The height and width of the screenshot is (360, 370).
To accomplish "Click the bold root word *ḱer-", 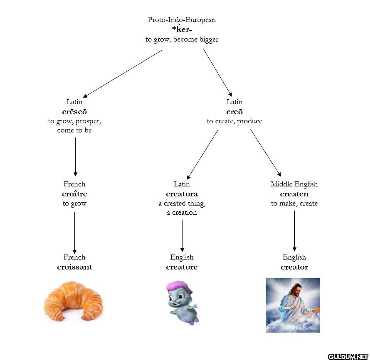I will click(x=182, y=29).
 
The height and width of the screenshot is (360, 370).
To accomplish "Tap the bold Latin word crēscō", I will click(x=74, y=112).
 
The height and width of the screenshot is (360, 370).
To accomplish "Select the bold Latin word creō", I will click(x=234, y=112).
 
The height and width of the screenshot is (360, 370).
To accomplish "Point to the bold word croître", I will click(x=74, y=194).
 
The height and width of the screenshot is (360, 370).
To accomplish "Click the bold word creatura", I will click(x=182, y=194).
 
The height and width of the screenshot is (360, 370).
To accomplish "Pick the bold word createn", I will click(x=294, y=194).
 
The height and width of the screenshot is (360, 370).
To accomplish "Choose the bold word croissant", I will click(x=74, y=267).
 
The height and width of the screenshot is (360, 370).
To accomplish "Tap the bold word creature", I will click(x=182, y=267).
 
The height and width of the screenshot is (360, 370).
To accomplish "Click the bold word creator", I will click(x=294, y=267).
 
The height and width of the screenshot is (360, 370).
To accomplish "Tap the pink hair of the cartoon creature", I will click(x=177, y=287).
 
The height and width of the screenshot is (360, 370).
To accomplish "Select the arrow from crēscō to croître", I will click(x=75, y=157).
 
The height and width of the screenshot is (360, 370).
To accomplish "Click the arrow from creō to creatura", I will click(x=202, y=154).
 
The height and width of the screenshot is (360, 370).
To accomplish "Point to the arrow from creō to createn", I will click(x=266, y=153).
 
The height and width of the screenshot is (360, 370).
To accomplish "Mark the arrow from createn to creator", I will click(x=294, y=230).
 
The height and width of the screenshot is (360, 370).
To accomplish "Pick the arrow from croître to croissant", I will click(x=75, y=233).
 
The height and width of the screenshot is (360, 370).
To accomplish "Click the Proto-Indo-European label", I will click(x=182, y=20).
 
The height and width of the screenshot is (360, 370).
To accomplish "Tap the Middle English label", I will click(x=294, y=184).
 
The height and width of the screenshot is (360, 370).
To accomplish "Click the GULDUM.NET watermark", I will click(x=348, y=356).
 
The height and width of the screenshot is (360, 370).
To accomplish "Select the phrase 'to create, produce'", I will click(x=234, y=121).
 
